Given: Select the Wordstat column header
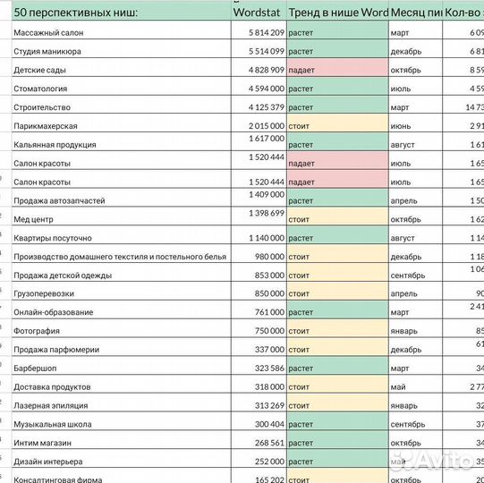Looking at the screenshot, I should pos(259,13).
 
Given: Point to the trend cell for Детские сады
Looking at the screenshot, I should pos(337,70).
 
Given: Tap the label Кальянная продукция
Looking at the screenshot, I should pos(55,145).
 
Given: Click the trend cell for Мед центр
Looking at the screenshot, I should pos(337,219).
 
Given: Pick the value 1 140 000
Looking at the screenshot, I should pos(260,238).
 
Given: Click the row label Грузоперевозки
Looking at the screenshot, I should pos(44,293).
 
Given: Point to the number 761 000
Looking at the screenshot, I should pos(265,312).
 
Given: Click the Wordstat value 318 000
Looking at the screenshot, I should pos(265,386).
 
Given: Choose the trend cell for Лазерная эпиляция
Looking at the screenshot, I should pos(337,405).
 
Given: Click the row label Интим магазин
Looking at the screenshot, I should pos(43,443).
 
